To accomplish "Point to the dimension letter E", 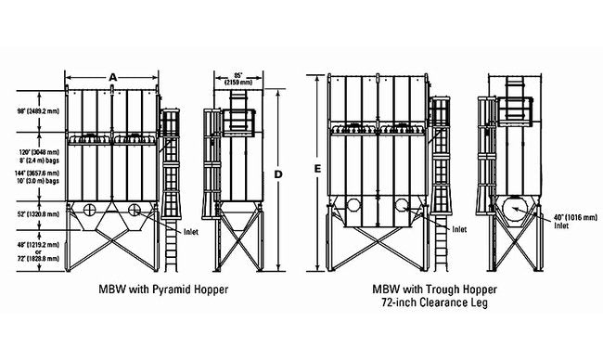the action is click(317, 170).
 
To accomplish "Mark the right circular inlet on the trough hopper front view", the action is click(401, 205).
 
